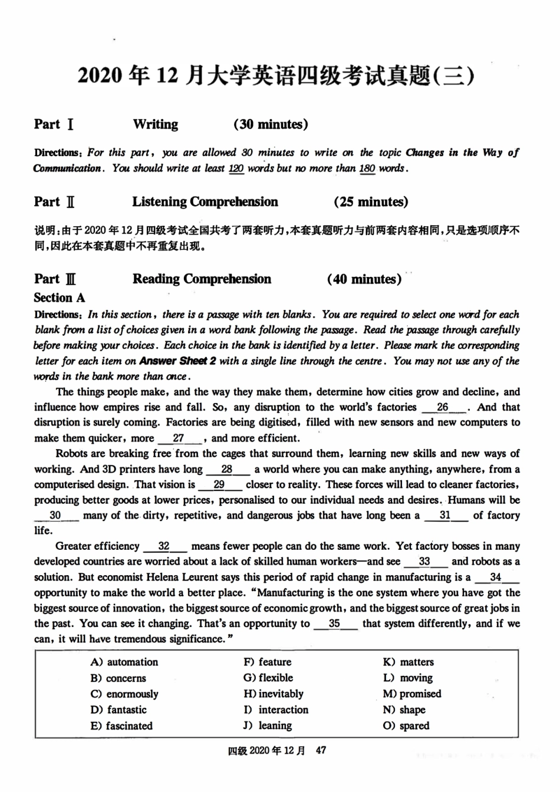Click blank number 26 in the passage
click(x=443, y=407)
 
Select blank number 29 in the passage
click(x=219, y=484)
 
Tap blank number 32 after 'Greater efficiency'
click(x=164, y=546)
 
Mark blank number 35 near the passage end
click(x=334, y=623)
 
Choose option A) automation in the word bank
click(x=124, y=662)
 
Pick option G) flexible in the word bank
click(x=268, y=678)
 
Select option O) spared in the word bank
click(x=406, y=725)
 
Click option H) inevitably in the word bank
click(x=274, y=694)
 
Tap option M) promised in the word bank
click(x=412, y=694)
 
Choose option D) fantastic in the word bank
click(x=118, y=709)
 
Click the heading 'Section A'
click(x=60, y=298)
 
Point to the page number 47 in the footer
click(x=321, y=750)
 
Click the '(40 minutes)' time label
click(x=364, y=279)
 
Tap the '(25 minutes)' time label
click(x=371, y=202)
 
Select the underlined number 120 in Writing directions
click(x=236, y=169)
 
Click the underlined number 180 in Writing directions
click(x=367, y=169)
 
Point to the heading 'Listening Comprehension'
click(x=205, y=202)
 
